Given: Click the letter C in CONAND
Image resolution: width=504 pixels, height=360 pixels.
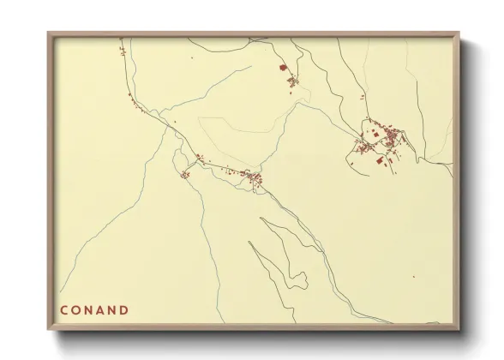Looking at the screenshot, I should click(64, 310).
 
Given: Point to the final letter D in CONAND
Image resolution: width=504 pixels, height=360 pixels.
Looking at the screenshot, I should click(124, 310).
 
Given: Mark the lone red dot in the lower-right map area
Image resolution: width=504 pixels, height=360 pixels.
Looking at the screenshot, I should click(413, 276).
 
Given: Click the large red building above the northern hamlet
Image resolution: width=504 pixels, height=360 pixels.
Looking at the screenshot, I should click(282, 67).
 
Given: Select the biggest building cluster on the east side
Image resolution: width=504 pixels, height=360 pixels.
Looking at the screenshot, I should click(381, 140).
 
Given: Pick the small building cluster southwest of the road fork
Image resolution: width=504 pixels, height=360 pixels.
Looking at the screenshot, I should click(184, 175).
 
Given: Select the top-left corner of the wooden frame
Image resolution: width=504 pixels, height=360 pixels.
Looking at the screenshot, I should click(49, 34).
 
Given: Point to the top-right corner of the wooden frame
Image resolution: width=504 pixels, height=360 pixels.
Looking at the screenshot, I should click(459, 34).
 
